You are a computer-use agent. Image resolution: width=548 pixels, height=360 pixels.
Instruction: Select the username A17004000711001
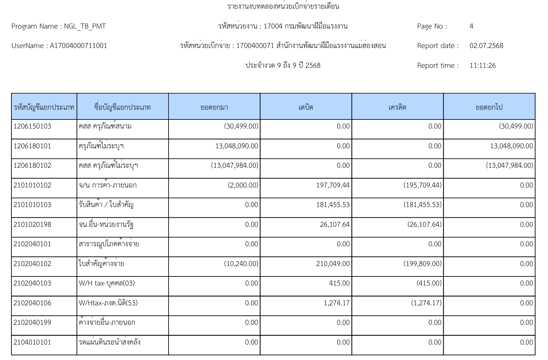(78, 46)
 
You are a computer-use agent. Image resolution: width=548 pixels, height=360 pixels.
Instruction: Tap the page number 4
(471, 26)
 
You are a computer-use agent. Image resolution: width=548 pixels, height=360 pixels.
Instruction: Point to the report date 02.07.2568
(486, 46)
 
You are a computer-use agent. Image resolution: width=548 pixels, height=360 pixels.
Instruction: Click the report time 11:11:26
(483, 65)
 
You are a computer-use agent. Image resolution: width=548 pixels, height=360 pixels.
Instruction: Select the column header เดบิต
(306, 107)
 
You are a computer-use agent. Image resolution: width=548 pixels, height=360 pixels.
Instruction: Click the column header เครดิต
(397, 107)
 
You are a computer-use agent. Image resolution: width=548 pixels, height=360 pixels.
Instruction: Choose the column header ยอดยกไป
(489, 107)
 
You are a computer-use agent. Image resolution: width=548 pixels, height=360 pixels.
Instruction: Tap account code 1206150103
(33, 126)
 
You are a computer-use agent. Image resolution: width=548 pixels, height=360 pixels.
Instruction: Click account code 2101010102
(33, 185)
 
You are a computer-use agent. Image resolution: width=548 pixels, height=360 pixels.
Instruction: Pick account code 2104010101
(33, 342)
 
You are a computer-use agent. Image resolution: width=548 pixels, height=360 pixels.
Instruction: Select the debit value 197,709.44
(333, 185)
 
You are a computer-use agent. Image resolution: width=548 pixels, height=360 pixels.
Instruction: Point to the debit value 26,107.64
(335, 224)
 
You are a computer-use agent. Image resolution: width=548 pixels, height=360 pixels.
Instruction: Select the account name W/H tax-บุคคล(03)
(107, 283)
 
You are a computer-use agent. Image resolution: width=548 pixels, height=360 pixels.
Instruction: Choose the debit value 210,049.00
(333, 264)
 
